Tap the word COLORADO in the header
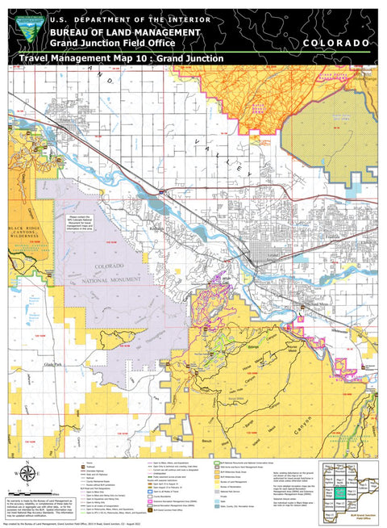click(337, 42)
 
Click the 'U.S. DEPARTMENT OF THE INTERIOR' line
click(130, 19)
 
